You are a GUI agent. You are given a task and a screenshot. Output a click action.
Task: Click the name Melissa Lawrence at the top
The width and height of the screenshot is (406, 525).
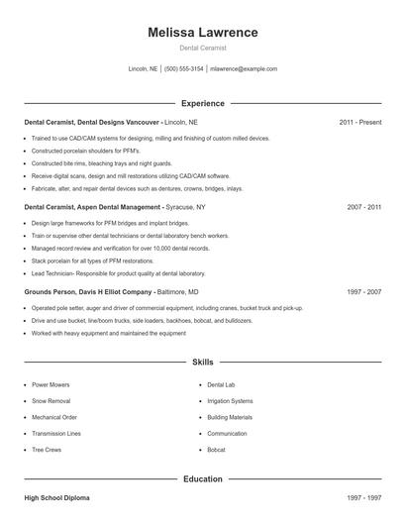click(x=203, y=33)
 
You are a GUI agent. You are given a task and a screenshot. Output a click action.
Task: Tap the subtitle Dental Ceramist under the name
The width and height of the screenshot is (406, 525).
click(x=203, y=48)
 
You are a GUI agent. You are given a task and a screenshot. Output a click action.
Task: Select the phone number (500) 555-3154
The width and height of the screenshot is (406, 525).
click(x=184, y=69)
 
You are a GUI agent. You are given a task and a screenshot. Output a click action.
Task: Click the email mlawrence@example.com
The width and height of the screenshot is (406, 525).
click(x=244, y=69)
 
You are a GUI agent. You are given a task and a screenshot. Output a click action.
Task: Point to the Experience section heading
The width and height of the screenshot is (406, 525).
click(x=203, y=103)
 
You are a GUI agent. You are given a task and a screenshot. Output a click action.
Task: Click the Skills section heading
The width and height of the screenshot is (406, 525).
click(x=203, y=363)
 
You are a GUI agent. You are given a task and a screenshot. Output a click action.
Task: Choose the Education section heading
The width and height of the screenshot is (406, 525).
click(x=203, y=479)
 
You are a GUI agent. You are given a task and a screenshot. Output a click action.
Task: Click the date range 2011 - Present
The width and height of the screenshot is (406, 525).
click(x=359, y=122)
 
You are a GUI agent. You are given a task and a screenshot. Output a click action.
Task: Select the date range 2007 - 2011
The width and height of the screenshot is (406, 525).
click(x=363, y=208)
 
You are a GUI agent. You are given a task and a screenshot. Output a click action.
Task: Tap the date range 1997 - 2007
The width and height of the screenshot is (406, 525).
click(x=363, y=293)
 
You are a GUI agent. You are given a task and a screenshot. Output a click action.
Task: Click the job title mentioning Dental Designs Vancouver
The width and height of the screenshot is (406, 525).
click(x=91, y=122)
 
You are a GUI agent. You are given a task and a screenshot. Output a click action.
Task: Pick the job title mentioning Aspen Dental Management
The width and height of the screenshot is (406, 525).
click(x=93, y=208)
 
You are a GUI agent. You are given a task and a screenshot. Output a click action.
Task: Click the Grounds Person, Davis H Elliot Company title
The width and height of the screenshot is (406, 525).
click(x=87, y=293)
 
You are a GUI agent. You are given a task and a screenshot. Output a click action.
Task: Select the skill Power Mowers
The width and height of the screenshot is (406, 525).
click(x=51, y=384)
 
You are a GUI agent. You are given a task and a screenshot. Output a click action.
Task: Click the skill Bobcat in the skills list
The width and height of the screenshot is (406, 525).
click(x=217, y=451)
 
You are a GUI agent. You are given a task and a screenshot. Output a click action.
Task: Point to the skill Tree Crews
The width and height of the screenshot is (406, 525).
click(x=47, y=451)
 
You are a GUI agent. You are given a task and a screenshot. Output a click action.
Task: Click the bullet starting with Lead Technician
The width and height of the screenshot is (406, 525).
click(x=118, y=273)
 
